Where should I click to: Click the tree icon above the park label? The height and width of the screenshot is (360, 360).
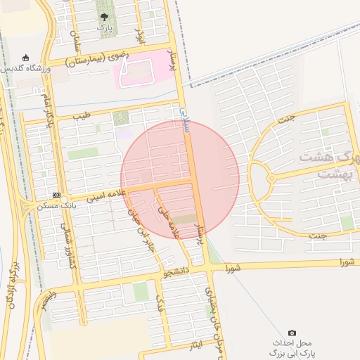click(105, 17)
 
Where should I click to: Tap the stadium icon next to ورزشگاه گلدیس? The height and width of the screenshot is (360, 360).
click(26, 58)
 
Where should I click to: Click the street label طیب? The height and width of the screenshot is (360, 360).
click(82, 115)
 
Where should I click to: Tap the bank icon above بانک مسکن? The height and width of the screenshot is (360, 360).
click(57, 195)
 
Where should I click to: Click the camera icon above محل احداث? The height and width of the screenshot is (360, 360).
click(292, 333)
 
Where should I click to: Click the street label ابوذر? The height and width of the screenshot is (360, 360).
click(139, 35)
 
